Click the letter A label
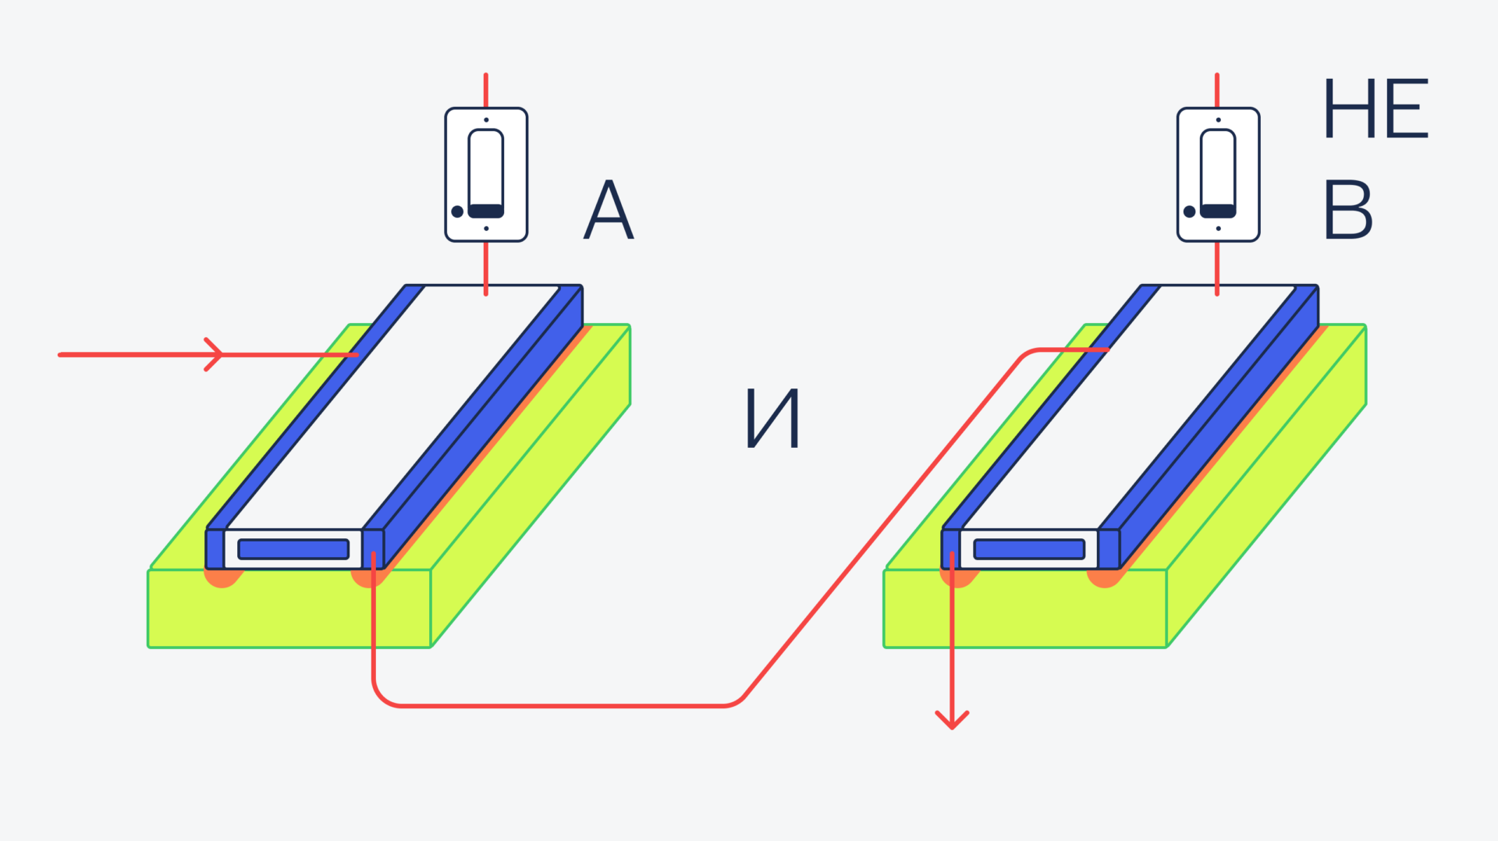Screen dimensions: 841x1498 pyautogui.click(x=609, y=211)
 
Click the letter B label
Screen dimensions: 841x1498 pyautogui.click(x=1347, y=211)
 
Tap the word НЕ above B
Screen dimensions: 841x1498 pyautogui.click(x=1376, y=109)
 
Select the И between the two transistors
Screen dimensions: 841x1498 pyautogui.click(x=772, y=419)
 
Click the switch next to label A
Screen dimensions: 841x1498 pyautogui.click(x=486, y=175)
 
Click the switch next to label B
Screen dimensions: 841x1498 pyautogui.click(x=1218, y=175)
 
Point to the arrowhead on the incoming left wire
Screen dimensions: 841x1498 pyautogui.click(x=215, y=354)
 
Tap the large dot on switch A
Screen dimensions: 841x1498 pyautogui.click(x=457, y=211)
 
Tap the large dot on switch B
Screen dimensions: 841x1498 pyautogui.click(x=1189, y=211)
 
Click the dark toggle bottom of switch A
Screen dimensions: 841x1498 pyautogui.click(x=486, y=211)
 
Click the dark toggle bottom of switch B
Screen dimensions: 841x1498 pyautogui.click(x=1218, y=211)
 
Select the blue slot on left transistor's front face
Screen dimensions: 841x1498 pyautogui.click(x=293, y=549)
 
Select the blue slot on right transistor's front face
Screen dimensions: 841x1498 pyautogui.click(x=1029, y=549)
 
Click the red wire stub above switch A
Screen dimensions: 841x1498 pyautogui.click(x=486, y=90)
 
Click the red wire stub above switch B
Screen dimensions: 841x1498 pyautogui.click(x=1217, y=90)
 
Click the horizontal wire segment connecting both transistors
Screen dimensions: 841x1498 pyautogui.click(x=562, y=706)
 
